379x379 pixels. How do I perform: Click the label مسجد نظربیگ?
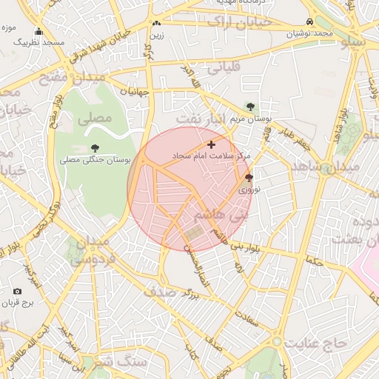(x=38, y=43)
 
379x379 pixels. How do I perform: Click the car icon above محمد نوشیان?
(x=309, y=22)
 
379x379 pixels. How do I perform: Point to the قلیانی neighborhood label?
(x=224, y=69)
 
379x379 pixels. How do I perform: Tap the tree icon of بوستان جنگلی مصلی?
(x=94, y=148)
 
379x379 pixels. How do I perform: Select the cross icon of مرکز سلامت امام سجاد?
(x=212, y=144)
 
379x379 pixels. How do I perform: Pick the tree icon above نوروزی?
(x=248, y=178)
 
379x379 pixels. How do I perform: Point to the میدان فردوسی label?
(x=93, y=251)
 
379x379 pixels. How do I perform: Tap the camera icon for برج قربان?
(x=18, y=292)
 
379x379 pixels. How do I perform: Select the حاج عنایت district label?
(x=320, y=343)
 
